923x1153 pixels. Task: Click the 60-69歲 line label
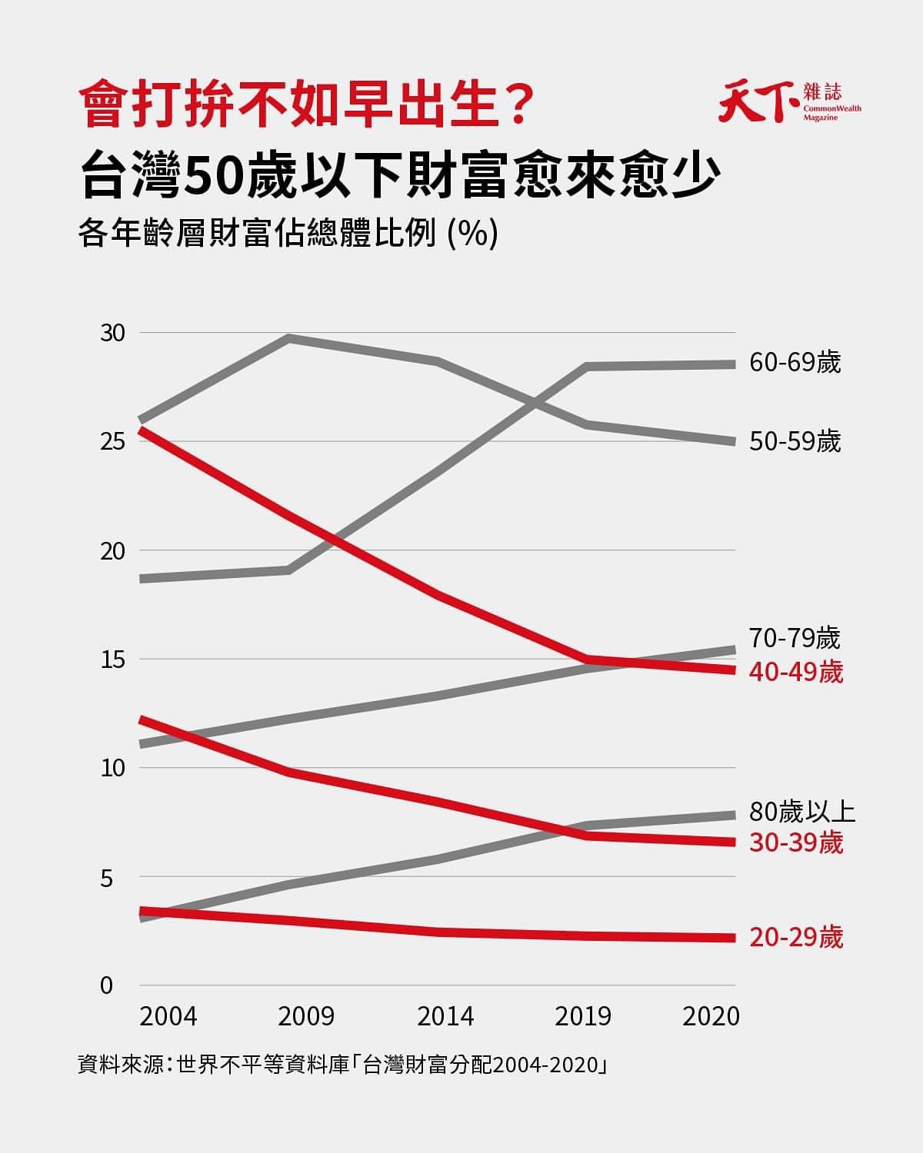795,362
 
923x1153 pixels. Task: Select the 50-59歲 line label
795,442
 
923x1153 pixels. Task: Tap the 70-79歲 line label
795,637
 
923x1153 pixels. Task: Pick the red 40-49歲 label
796,672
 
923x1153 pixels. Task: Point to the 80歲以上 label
802,812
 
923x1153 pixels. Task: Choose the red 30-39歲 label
796,842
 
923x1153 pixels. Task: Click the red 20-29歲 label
796,938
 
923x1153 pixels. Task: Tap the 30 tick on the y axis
112,333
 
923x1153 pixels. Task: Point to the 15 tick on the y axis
112,660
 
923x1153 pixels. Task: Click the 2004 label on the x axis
168,1016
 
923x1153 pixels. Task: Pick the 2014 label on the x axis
445,1016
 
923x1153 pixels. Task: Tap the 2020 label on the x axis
711,1016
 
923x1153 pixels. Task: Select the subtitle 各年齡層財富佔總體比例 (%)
288,234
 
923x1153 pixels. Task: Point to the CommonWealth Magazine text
832,113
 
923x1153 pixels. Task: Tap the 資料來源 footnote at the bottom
343,1065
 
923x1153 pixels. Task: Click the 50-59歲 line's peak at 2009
288,337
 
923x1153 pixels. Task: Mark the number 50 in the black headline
212,176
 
